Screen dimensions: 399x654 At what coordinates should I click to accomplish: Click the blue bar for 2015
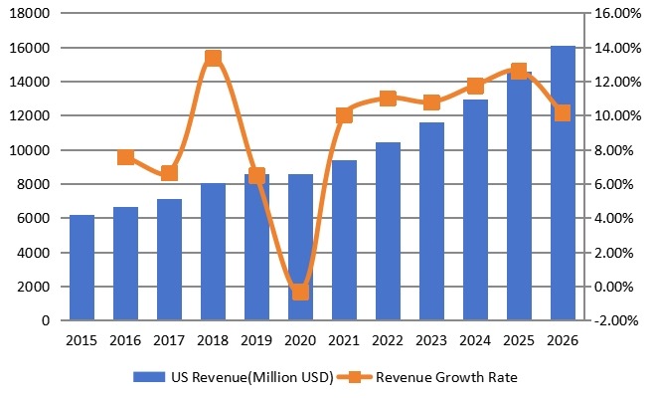82,268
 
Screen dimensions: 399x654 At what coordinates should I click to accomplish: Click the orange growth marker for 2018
213,59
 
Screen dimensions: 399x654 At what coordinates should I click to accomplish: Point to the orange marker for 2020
300,292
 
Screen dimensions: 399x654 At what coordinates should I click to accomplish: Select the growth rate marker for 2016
126,157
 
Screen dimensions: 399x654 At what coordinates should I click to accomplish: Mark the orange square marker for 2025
519,72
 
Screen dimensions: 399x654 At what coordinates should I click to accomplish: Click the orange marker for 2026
563,113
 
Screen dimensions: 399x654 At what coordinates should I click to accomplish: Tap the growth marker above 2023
431,102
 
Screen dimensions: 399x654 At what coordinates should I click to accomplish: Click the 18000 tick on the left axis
33,14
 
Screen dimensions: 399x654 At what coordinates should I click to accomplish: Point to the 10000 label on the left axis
33,150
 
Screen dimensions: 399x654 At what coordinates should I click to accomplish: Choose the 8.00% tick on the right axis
612,150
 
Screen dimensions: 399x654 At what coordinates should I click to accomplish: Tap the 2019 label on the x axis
256,339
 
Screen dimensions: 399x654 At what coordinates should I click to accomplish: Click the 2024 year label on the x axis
475,339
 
